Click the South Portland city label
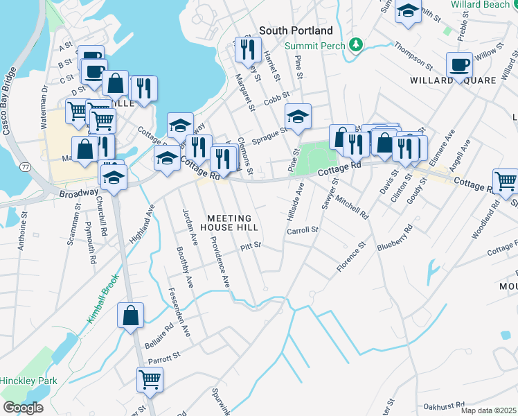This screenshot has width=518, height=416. [296, 31]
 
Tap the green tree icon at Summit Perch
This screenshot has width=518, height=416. [356, 46]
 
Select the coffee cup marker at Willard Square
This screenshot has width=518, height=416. [459, 66]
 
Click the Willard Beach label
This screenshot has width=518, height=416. [480, 4]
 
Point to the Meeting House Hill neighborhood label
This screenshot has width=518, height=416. [229, 222]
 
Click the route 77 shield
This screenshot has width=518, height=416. [26, 168]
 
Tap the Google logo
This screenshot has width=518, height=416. [23, 408]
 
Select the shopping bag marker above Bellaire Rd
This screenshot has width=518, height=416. [130, 316]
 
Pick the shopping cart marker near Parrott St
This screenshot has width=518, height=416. [150, 379]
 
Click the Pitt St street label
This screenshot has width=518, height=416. [251, 245]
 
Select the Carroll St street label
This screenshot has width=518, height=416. [303, 229]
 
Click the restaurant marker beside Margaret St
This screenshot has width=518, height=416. [246, 49]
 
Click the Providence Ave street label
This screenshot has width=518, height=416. [220, 262]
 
